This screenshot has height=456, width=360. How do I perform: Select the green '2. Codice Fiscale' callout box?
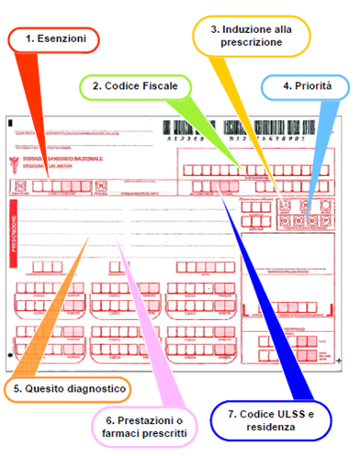pos(138,87)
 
